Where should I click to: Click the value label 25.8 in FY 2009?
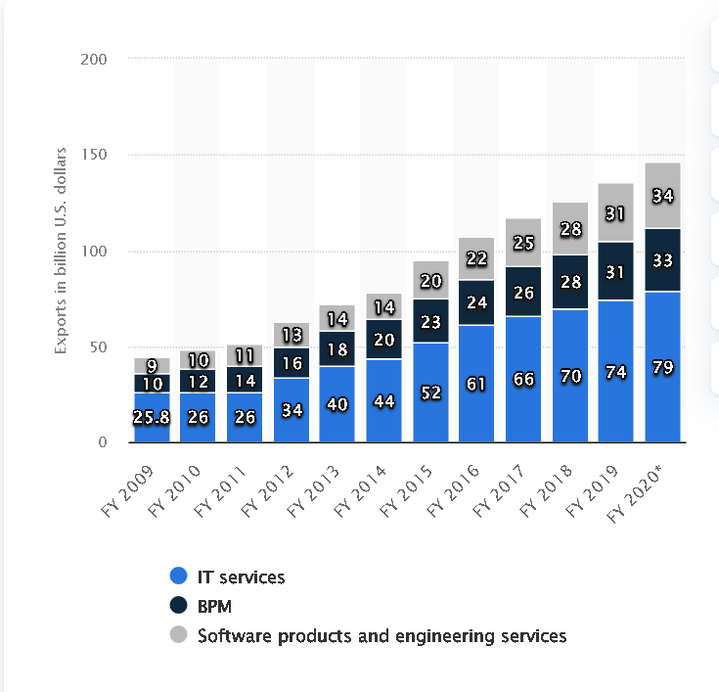(152, 418)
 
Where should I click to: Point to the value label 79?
(663, 368)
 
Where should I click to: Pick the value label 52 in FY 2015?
(431, 392)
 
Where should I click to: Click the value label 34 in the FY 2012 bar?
(292, 409)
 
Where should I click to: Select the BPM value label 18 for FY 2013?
(337, 349)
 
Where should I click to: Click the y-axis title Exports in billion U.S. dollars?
(61, 251)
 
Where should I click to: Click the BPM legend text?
(214, 606)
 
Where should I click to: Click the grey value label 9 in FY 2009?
(152, 366)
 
